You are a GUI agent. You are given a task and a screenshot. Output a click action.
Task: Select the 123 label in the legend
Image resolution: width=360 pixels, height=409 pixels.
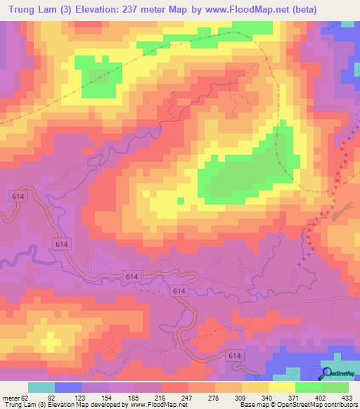click(82, 397)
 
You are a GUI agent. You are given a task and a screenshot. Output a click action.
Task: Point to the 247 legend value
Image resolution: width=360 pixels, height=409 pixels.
click(189, 397)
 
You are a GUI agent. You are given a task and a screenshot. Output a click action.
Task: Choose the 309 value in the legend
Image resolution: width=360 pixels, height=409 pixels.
click(242, 397)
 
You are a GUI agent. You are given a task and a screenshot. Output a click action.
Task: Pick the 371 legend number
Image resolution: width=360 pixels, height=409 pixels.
click(295, 397)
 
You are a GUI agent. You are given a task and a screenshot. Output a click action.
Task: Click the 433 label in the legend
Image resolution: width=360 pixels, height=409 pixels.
click(347, 397)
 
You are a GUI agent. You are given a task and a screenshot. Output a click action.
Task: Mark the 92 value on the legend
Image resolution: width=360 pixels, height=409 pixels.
click(56, 397)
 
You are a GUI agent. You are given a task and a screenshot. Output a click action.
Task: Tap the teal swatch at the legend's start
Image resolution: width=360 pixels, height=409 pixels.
click(41, 387)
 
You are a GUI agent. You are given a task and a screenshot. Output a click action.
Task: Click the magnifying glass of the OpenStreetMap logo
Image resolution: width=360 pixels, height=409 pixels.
click(326, 372)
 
